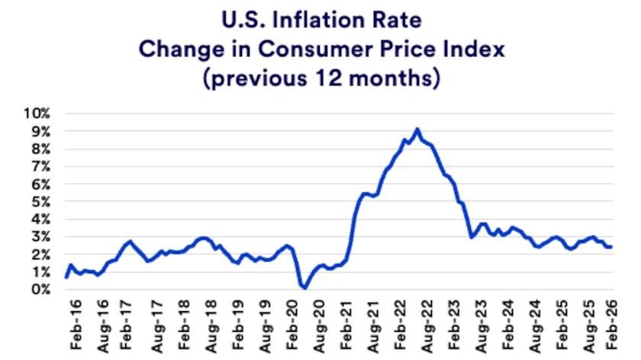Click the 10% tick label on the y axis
(x=37, y=113)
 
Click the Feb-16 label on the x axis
(x=76, y=325)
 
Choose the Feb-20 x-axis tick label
(x=292, y=325)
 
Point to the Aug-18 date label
(x=211, y=326)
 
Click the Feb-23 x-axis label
(x=454, y=325)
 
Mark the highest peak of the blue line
(x=417, y=130)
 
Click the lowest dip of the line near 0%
(x=304, y=288)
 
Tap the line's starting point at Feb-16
(x=66, y=277)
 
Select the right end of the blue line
(x=610, y=247)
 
